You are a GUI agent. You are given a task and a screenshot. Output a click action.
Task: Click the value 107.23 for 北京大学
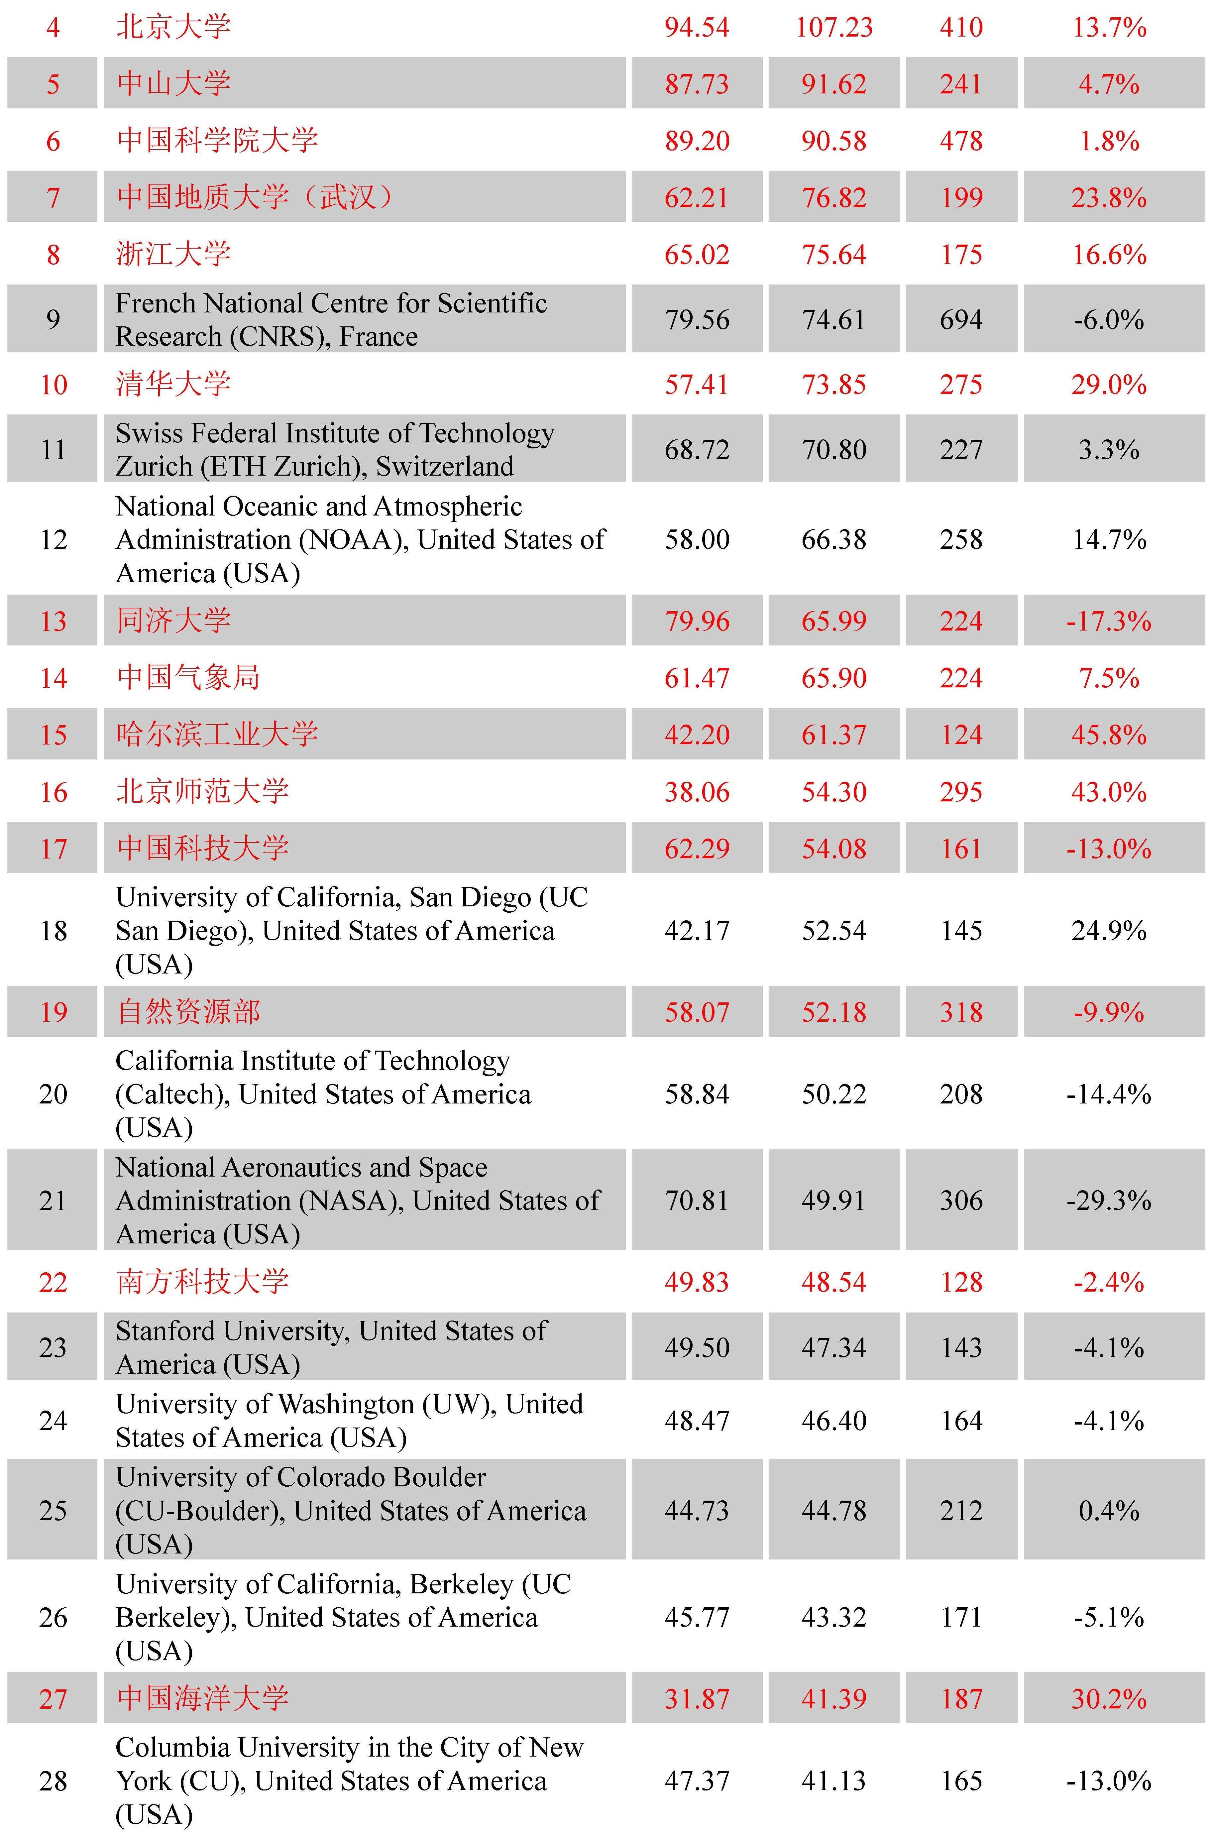pyautogui.click(x=834, y=28)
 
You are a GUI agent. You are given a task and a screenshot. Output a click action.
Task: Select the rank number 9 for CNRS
pyautogui.click(x=53, y=319)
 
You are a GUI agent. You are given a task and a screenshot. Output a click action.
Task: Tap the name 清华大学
pyautogui.click(x=174, y=384)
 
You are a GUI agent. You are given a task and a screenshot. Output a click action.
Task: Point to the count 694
pyautogui.click(x=961, y=319)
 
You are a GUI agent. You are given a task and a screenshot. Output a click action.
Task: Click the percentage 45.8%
pyautogui.click(x=1108, y=734)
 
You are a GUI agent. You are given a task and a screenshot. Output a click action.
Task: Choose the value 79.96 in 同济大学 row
pyautogui.click(x=697, y=621)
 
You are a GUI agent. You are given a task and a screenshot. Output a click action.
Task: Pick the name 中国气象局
pyautogui.click(x=188, y=678)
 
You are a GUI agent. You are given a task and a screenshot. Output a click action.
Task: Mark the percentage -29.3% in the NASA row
pyautogui.click(x=1108, y=1201)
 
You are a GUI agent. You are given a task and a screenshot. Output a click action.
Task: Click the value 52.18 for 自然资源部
pyautogui.click(x=834, y=1012)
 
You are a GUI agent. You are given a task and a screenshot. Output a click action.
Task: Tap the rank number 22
pyautogui.click(x=53, y=1282)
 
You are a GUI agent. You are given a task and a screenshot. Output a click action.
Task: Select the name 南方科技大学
pyautogui.click(x=203, y=1282)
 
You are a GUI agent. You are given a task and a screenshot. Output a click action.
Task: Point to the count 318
pyautogui.click(x=961, y=1012)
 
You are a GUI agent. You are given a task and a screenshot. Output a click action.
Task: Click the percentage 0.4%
pyautogui.click(x=1108, y=1511)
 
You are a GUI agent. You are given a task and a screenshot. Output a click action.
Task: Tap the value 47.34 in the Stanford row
pyautogui.click(x=834, y=1348)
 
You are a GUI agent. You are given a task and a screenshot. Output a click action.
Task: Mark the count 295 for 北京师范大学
pyautogui.click(x=961, y=792)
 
